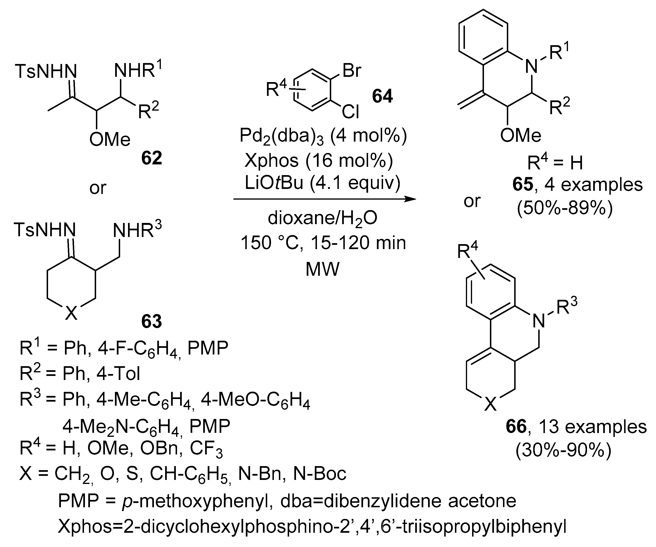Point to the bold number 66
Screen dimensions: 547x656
coord(516,427)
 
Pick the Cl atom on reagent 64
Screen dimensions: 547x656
coord(350,112)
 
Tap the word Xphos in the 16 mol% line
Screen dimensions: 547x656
coord(271,161)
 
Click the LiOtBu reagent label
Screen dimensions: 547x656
coord(274,183)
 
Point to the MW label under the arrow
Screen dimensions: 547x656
coord(322,269)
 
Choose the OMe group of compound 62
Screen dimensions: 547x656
coord(110,139)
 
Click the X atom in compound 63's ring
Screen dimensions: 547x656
coord(71,313)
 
